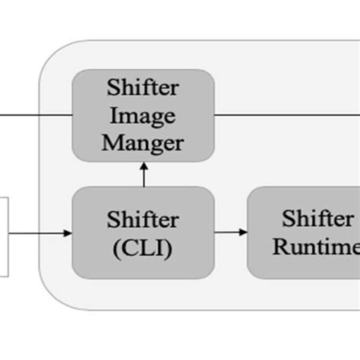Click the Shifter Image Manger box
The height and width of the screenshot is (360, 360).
click(144, 116)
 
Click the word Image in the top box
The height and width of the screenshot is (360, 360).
click(144, 116)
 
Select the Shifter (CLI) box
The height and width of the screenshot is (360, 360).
click(144, 232)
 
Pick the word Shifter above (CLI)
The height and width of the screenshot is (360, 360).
click(144, 220)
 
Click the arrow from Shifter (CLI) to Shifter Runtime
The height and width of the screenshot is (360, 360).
click(231, 232)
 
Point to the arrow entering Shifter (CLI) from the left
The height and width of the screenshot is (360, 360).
click(38, 232)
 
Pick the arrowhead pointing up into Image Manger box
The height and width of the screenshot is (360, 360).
click(144, 167)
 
